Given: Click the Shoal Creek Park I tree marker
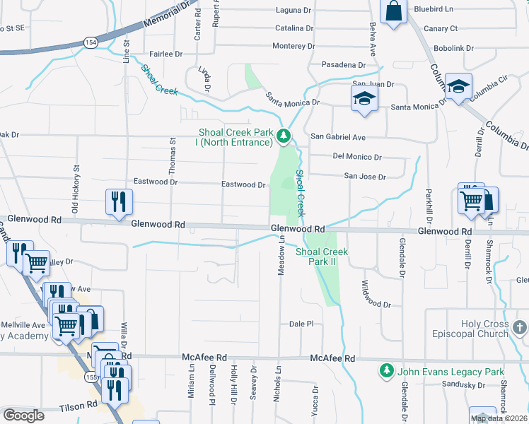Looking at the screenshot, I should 284,135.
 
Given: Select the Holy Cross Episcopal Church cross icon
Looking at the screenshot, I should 520,327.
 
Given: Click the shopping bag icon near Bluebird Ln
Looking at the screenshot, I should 393,11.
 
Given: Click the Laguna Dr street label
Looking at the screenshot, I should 294,11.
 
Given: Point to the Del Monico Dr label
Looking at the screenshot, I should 357,157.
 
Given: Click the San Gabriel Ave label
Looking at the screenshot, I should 338,137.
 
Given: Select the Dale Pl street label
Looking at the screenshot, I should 301,324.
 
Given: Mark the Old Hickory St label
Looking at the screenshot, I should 75,188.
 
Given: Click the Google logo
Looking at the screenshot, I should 23,416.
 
